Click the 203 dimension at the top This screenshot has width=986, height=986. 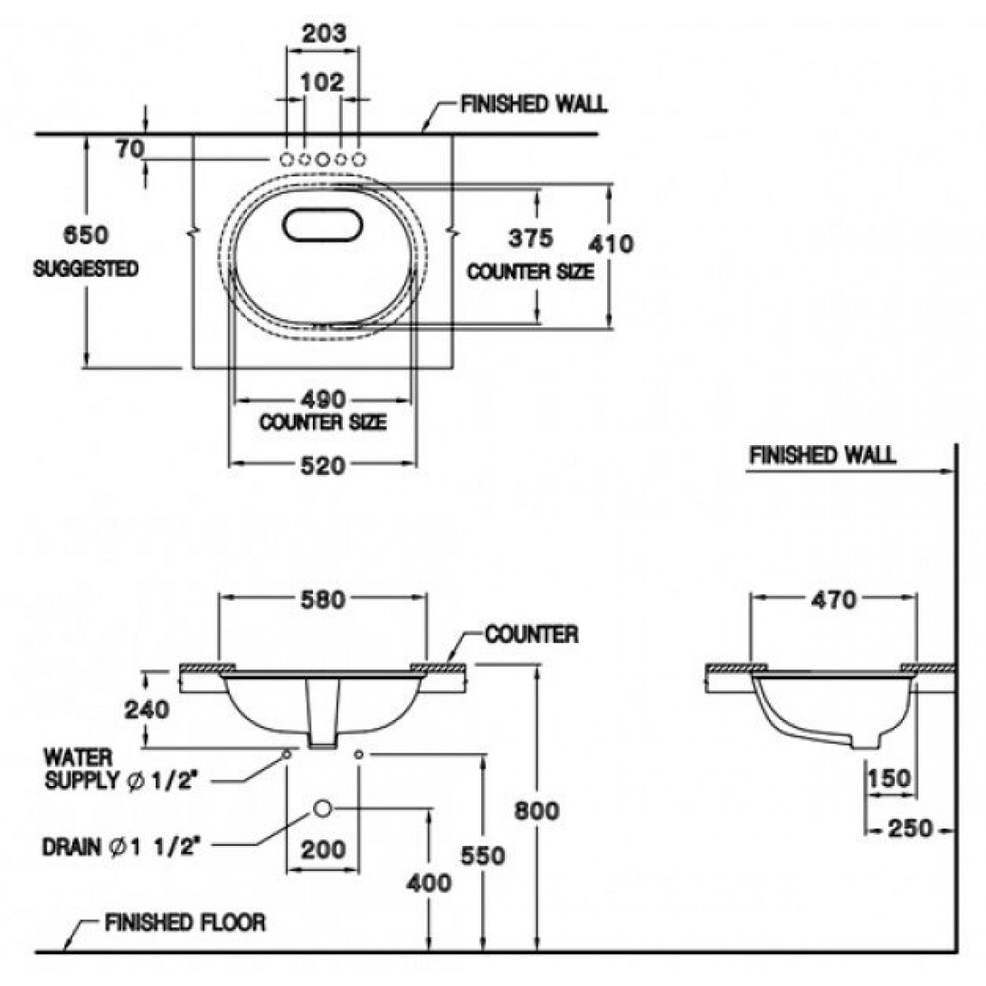tap(322, 33)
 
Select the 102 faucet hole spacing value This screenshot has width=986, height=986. tap(322, 82)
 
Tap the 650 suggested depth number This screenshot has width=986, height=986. tap(85, 235)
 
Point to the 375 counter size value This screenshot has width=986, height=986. tap(530, 240)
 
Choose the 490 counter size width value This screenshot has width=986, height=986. tap(323, 399)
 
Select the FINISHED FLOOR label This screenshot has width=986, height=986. tap(185, 923)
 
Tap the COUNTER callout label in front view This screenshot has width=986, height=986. tap(531, 634)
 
